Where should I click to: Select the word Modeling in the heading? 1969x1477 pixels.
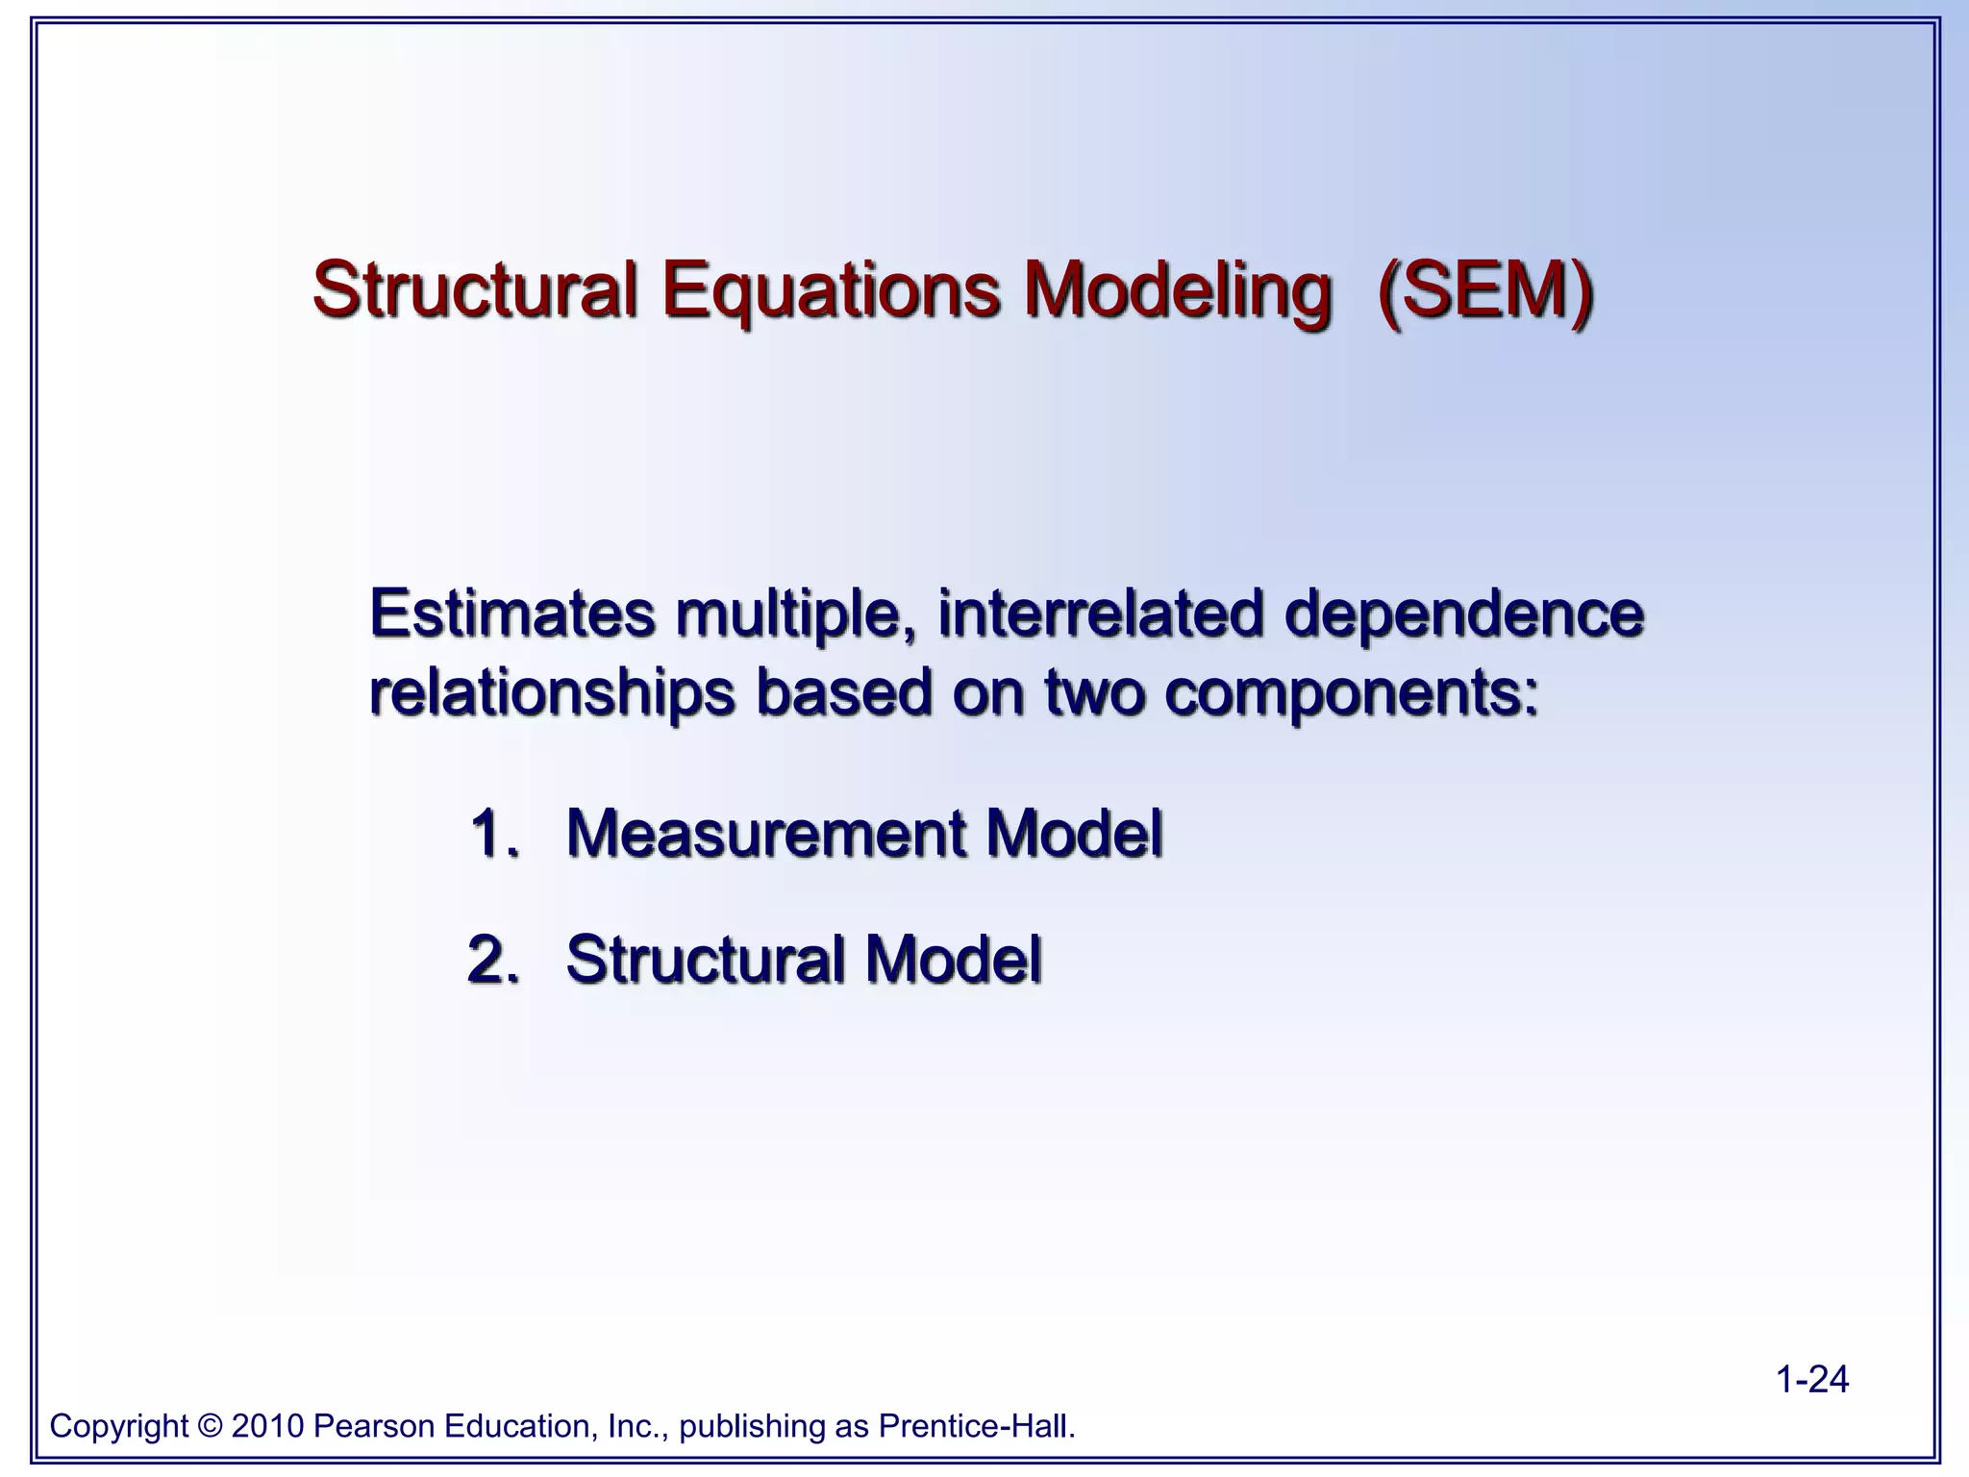1178,291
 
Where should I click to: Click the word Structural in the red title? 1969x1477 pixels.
475,289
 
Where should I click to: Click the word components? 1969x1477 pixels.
1351,693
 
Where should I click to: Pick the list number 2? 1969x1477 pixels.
492,959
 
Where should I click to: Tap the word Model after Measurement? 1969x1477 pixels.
1074,832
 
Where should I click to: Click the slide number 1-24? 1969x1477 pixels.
1811,1379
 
